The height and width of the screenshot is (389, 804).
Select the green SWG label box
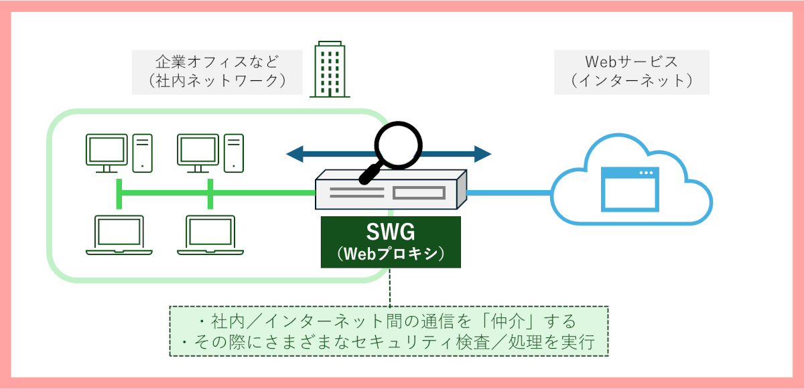pos(391,242)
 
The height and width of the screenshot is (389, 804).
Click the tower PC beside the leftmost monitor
pos(143,151)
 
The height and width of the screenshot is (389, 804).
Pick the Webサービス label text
pos(631,62)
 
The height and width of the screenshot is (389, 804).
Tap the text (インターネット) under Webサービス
pos(631,82)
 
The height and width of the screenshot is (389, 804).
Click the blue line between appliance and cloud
pos(509,193)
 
